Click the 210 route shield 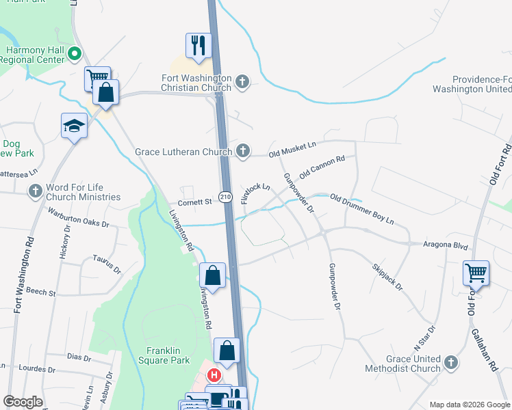(x=225, y=197)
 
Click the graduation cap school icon (x=74, y=126)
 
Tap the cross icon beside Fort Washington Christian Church (x=242, y=83)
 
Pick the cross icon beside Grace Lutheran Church (x=242, y=151)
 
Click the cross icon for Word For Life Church (x=36, y=191)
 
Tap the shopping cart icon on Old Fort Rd (x=476, y=273)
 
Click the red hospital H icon (x=214, y=376)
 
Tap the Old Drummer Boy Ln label (x=361, y=210)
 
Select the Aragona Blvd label (x=445, y=244)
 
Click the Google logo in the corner (x=23, y=402)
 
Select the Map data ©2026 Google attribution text (x=468, y=405)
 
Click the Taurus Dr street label (x=106, y=264)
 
